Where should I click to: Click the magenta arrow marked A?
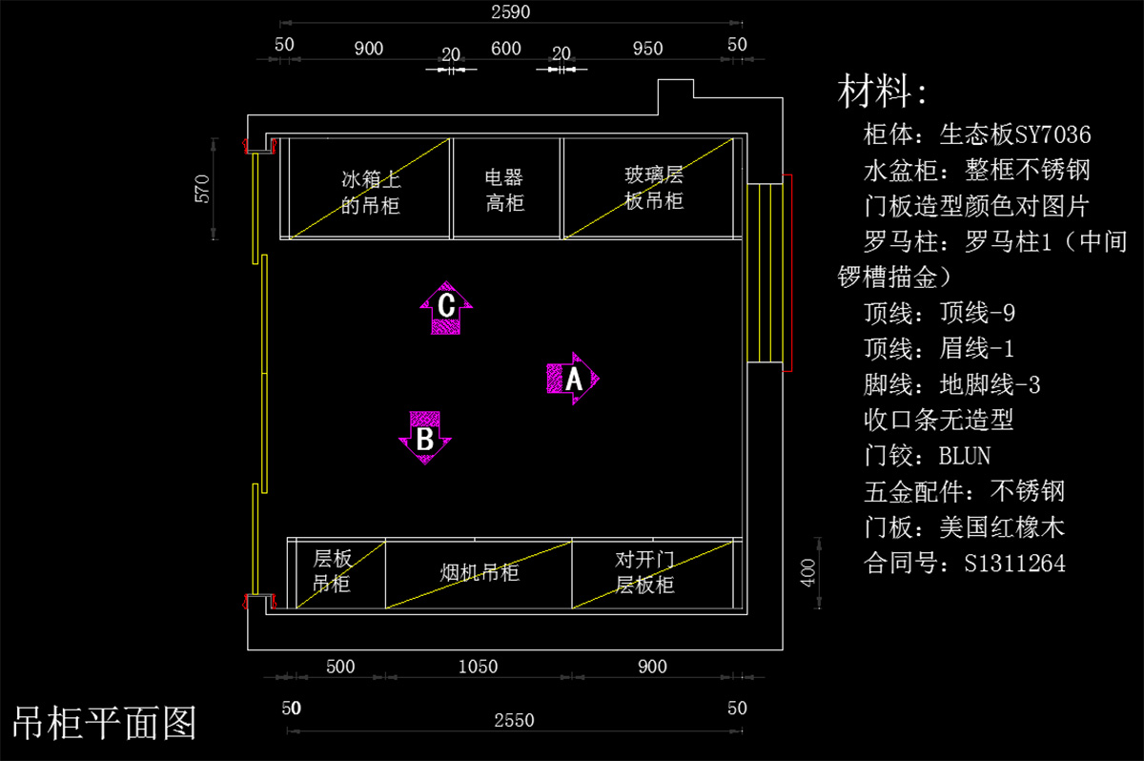[x=572, y=379]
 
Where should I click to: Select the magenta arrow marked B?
[x=425, y=439]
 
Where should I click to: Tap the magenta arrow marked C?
[x=445, y=307]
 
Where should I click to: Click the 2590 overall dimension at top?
[x=510, y=12]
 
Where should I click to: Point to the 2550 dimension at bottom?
[x=513, y=720]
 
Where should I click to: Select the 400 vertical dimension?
[x=807, y=572]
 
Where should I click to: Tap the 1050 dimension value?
[x=478, y=667]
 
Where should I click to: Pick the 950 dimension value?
[x=647, y=48]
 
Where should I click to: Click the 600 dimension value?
[x=505, y=48]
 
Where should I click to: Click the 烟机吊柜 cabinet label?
[x=479, y=573]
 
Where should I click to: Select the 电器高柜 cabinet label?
[x=504, y=190]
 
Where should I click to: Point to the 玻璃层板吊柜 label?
[x=654, y=188]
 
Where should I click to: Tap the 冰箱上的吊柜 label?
[x=371, y=192]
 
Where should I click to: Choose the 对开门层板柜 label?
[x=645, y=571]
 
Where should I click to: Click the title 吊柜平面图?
[x=104, y=722]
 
